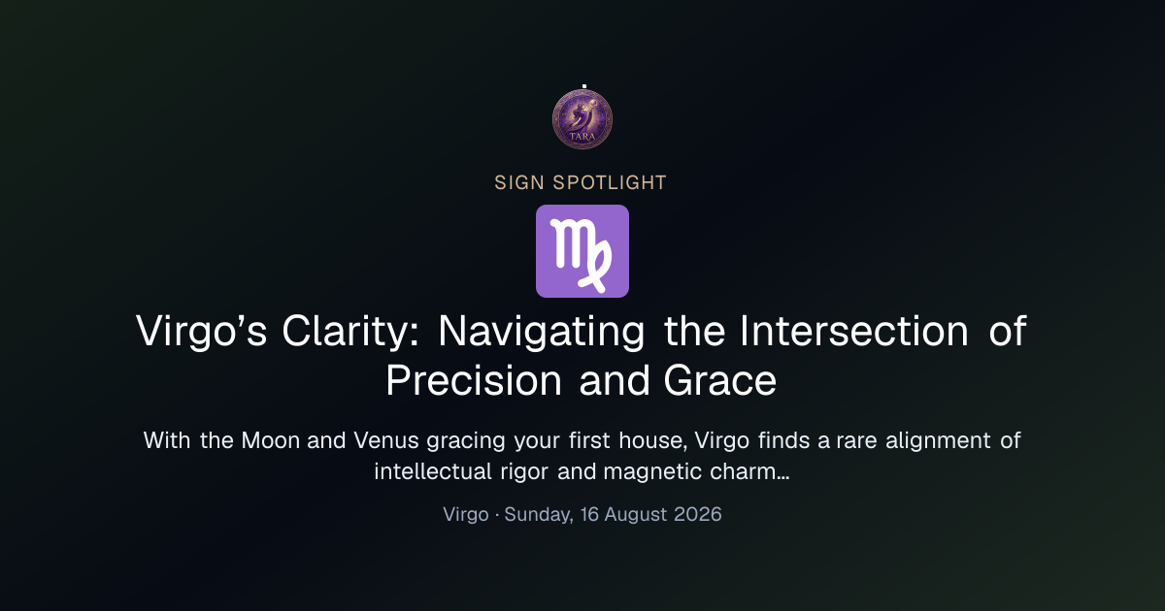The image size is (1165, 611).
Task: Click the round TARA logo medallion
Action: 582,119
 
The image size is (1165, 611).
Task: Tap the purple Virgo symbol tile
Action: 582,251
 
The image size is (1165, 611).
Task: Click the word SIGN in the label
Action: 519,183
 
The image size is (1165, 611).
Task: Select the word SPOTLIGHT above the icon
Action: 610,183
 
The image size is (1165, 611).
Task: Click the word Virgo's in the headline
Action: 201,331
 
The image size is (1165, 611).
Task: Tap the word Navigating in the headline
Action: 542,331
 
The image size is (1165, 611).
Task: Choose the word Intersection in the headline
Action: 854,331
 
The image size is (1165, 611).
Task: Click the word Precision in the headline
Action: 474,381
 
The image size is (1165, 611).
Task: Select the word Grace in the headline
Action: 719,381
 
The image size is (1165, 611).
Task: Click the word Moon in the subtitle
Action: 271,440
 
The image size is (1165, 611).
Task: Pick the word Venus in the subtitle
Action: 386,440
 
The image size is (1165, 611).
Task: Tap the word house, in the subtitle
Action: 652,440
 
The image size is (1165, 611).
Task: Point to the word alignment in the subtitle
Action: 938,440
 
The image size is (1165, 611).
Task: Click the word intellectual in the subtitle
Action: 433,471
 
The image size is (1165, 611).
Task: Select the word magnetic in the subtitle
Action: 652,471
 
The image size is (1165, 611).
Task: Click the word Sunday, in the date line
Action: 539,514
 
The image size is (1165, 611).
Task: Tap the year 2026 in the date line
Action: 697,514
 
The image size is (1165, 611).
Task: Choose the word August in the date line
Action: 636,514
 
